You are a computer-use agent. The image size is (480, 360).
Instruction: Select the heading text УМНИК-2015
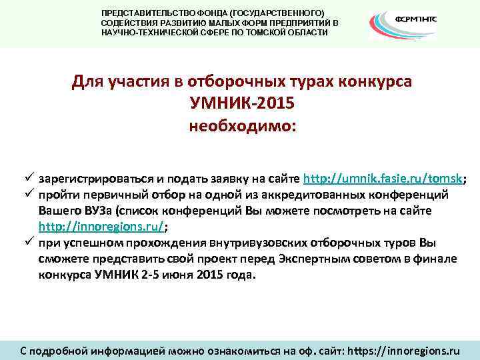coord(242,105)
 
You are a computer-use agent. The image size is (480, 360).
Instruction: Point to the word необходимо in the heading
coord(242,126)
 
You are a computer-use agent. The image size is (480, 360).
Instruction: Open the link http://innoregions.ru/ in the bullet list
coord(101,227)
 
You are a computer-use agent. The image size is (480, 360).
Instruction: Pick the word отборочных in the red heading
coord(209,83)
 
